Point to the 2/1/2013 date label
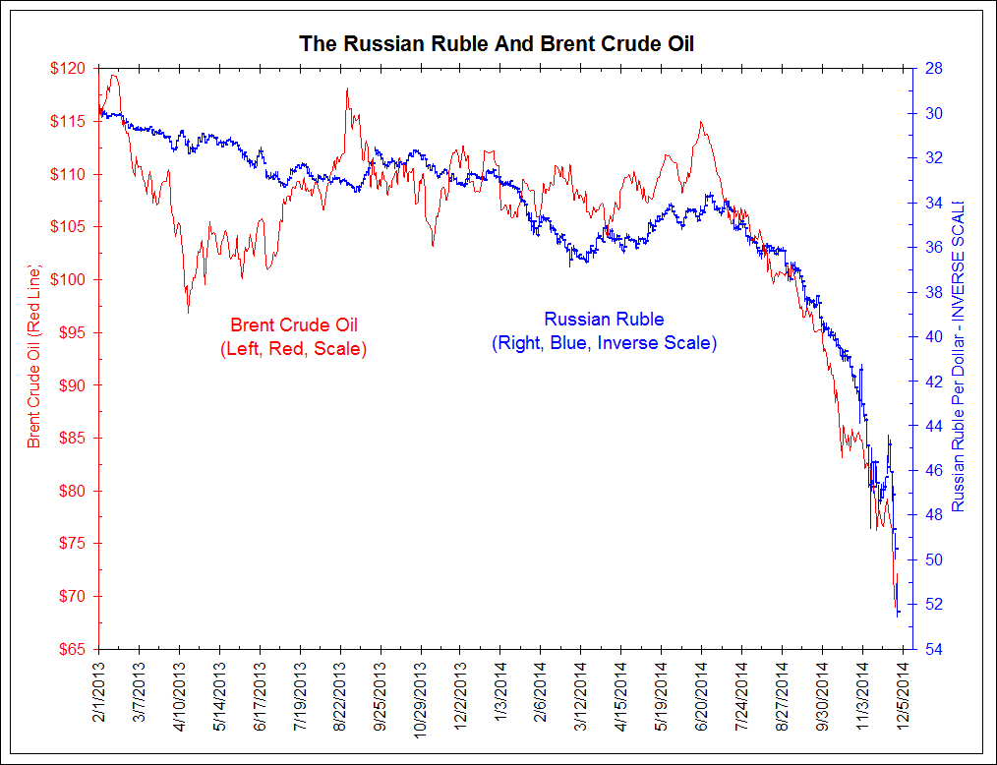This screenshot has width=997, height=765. tap(99, 697)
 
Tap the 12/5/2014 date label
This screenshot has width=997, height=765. tap(903, 697)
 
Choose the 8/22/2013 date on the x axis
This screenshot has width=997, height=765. tap(340, 697)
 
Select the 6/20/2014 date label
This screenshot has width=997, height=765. tap(701, 697)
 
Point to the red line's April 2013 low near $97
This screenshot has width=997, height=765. tap(188, 313)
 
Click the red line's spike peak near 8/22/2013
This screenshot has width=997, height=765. tap(347, 89)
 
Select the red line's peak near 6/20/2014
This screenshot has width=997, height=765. tap(700, 123)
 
